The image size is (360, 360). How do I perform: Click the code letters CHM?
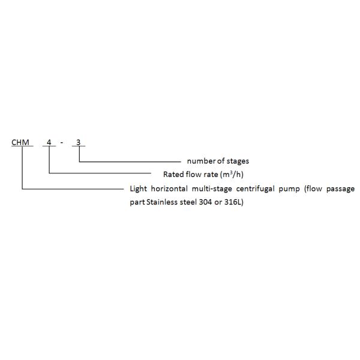click(x=21, y=143)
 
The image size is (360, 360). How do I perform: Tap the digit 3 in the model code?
click(x=79, y=143)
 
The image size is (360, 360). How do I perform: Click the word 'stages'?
click(x=237, y=161)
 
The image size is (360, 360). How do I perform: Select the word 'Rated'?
click(x=173, y=175)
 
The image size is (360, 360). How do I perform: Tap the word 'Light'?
click(x=139, y=188)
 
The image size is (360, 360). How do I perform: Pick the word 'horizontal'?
click(x=171, y=188)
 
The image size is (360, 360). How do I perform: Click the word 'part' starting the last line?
click(x=137, y=202)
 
